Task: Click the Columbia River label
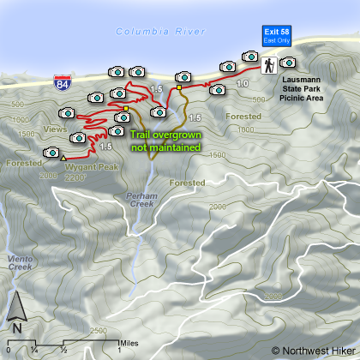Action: (x=161, y=32)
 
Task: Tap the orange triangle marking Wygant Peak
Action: (x=63, y=157)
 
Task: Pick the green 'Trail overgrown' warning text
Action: (x=165, y=141)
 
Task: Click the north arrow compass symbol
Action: (x=17, y=313)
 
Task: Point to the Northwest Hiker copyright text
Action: (x=311, y=350)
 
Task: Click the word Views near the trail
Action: (x=53, y=128)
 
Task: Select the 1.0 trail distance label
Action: (x=243, y=83)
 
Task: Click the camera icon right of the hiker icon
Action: (x=288, y=62)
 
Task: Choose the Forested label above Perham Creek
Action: (x=187, y=183)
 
